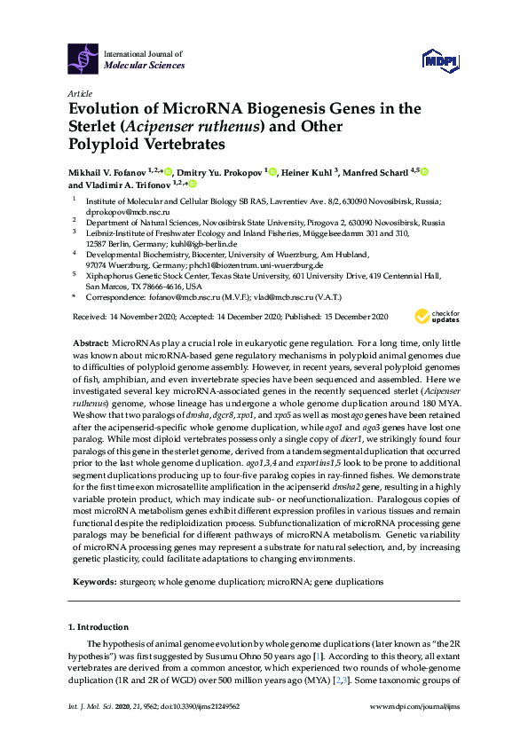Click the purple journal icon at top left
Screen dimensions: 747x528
tap(83, 59)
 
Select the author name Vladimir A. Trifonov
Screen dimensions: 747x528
tap(122, 185)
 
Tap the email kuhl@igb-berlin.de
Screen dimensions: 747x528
tap(205, 244)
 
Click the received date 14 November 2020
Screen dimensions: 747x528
tap(146, 316)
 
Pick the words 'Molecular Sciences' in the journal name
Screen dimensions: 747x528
tap(145, 66)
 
